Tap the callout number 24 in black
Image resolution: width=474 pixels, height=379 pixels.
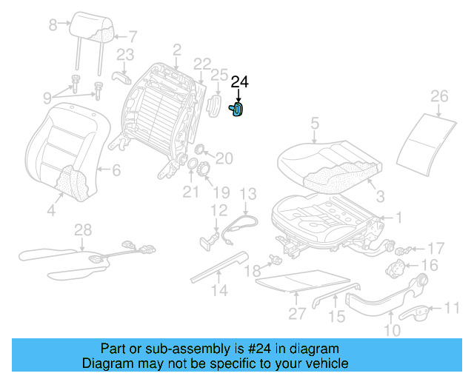coord(241,83)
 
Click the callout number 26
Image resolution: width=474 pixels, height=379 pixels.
coord(439,96)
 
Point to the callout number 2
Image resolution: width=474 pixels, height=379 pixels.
coord(176,50)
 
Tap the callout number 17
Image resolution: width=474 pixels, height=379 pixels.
coord(436,247)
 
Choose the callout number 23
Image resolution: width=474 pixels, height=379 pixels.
coord(125,54)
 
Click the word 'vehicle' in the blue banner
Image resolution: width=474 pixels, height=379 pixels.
coord(322,364)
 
